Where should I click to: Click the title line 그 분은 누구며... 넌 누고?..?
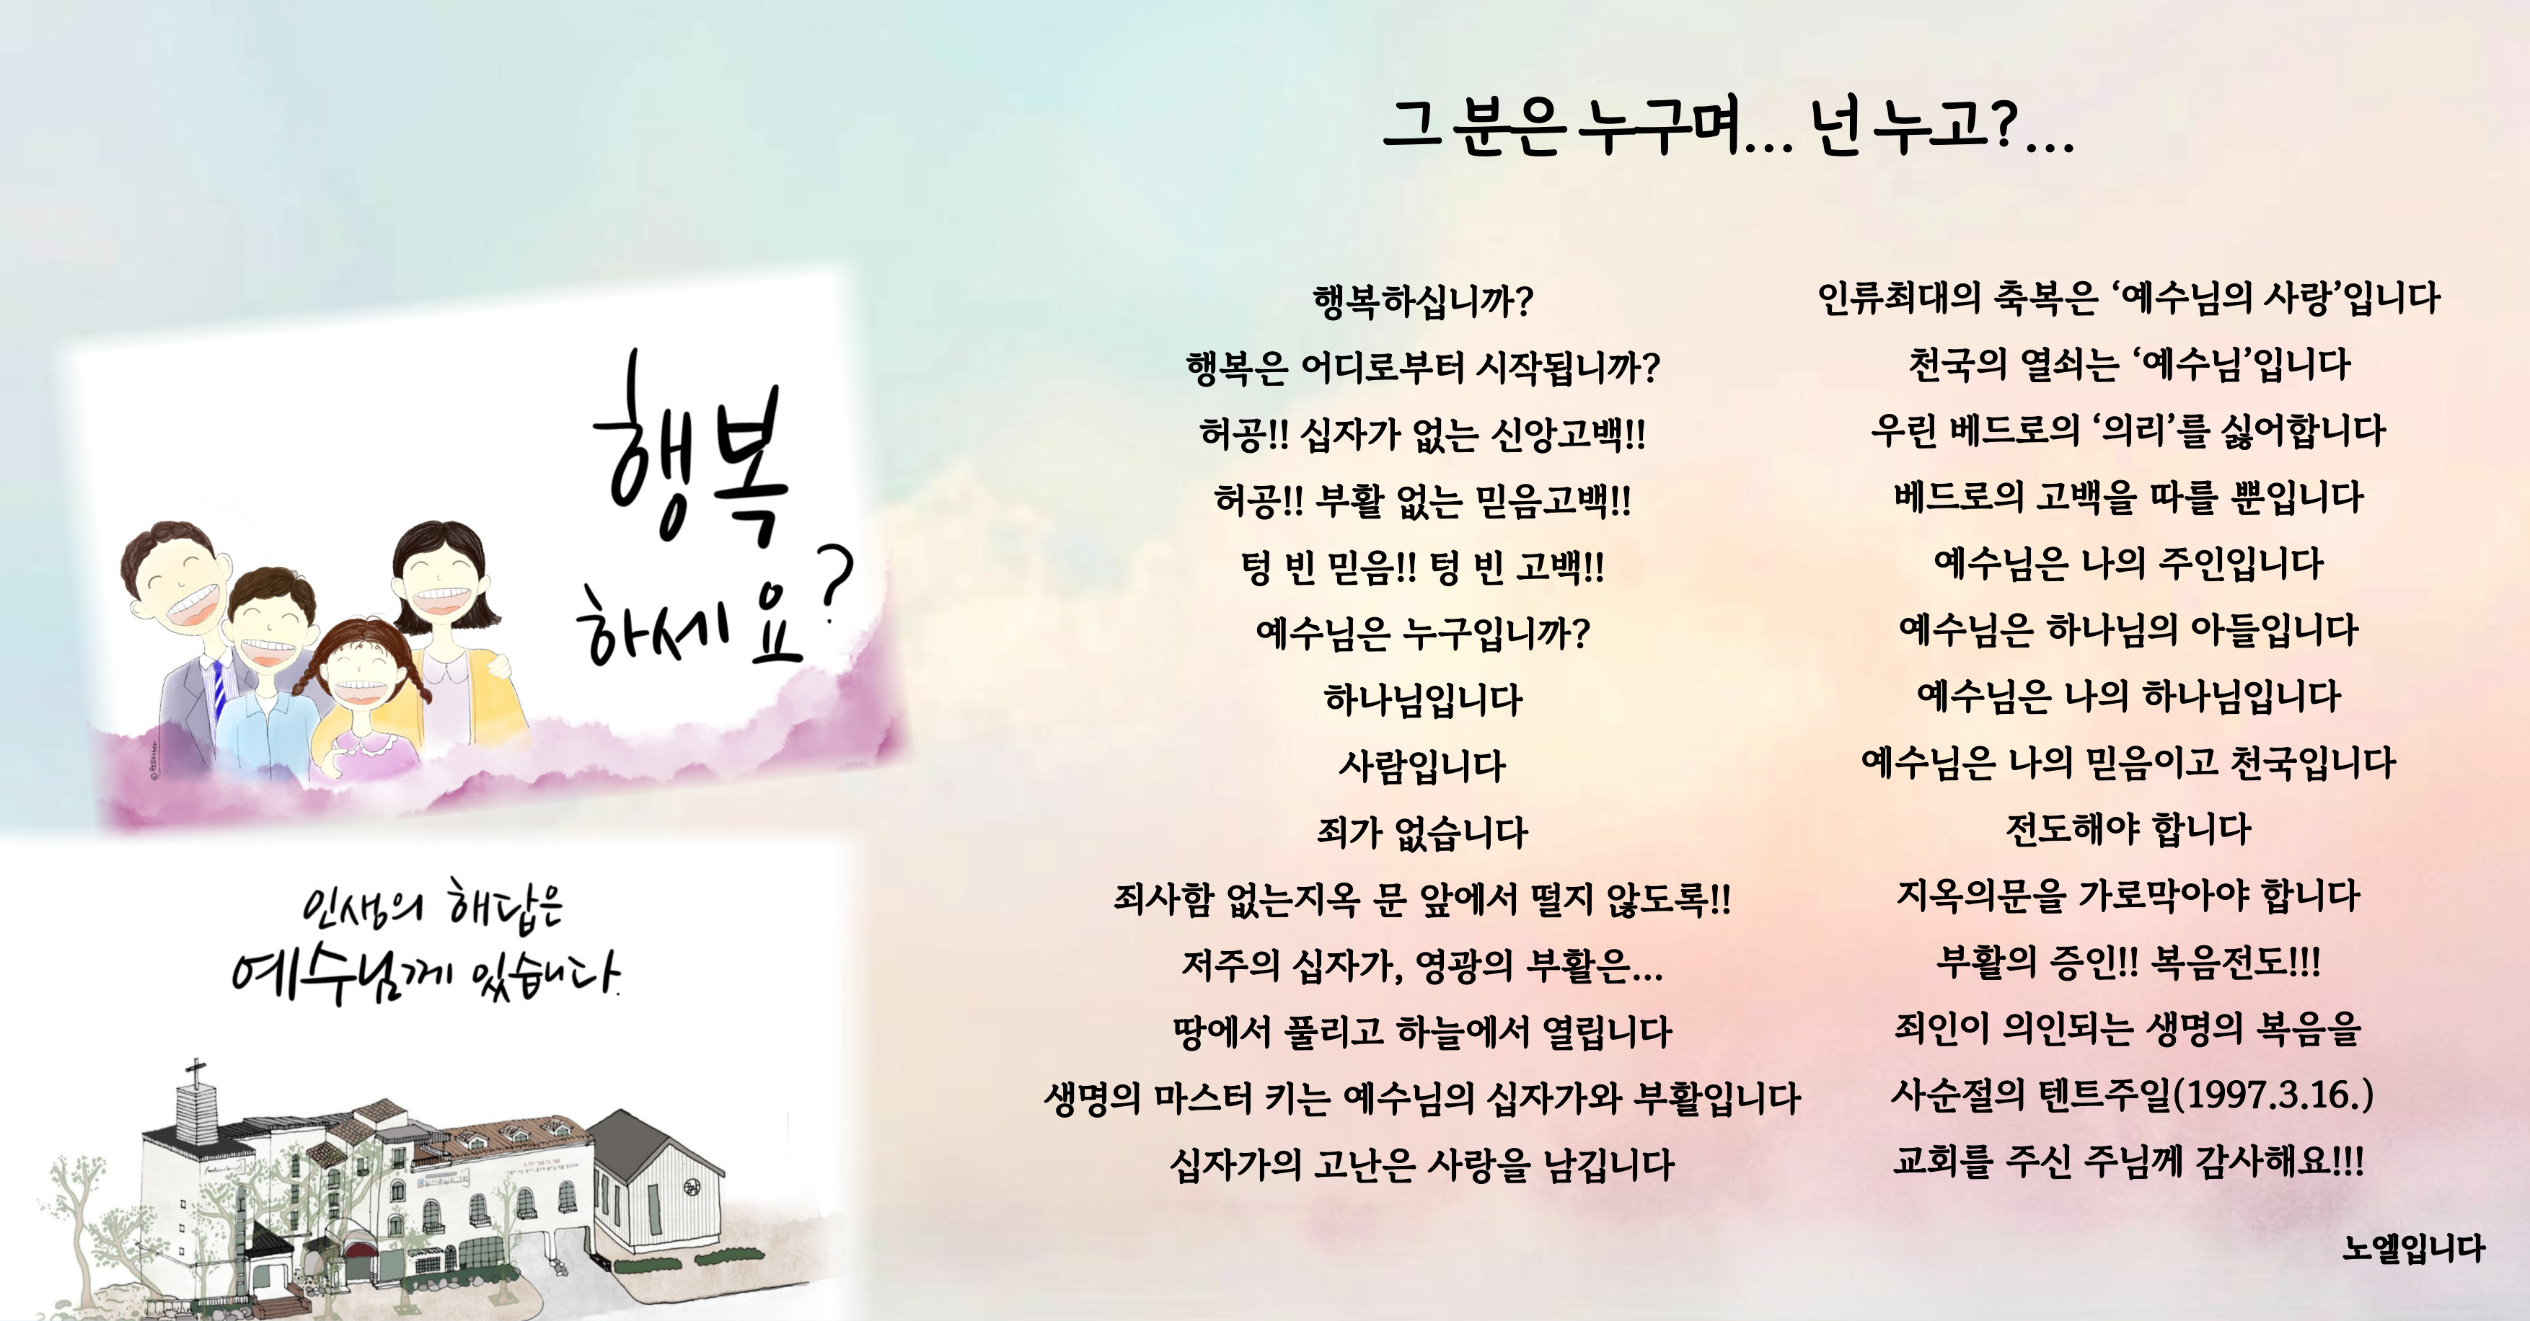1729,128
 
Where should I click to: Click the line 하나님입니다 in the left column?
1422,699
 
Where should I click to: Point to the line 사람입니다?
1422,766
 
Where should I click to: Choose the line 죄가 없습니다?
1422,833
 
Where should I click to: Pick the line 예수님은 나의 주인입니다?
2128,562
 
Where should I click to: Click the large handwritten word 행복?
692,452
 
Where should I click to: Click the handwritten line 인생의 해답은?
432,906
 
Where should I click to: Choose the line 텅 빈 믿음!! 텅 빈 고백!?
1422,567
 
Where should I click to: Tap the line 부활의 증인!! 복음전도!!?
2128,960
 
